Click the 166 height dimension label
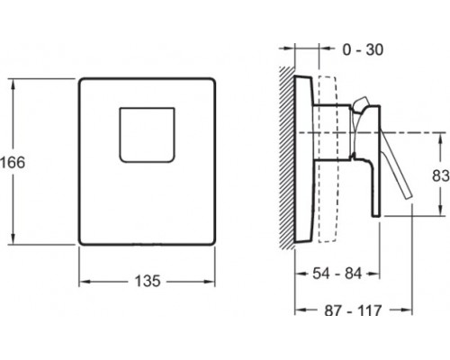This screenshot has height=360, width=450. [13, 163]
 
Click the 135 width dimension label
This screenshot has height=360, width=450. [148, 282]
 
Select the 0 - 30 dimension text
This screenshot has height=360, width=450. [363, 49]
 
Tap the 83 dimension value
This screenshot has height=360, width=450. [441, 175]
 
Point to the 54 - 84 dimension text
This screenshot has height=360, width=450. [337, 274]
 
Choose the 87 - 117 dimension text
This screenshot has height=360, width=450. [353, 310]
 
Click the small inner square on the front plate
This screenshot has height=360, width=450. [147, 135]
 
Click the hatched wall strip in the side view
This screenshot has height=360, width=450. [287, 157]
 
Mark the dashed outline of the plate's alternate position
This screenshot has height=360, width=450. [328, 159]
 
